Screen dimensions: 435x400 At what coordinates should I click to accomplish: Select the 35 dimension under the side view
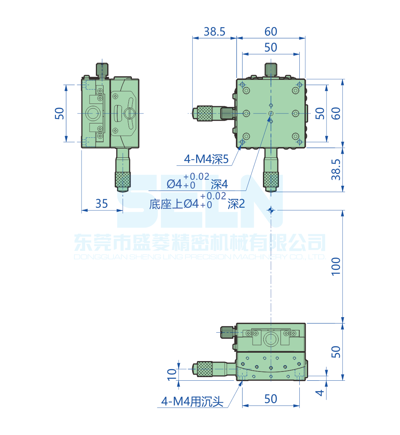[x=101, y=204]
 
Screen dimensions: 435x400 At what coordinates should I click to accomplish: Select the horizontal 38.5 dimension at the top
[x=215, y=32]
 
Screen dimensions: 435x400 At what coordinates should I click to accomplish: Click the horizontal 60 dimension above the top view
[x=271, y=32]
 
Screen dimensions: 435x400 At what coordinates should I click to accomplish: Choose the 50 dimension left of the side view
[x=59, y=113]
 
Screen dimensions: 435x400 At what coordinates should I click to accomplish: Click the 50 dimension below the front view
[x=271, y=399]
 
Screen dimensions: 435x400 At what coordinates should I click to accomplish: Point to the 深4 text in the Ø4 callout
[x=219, y=184]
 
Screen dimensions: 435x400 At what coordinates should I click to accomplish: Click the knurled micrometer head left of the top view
[x=204, y=113]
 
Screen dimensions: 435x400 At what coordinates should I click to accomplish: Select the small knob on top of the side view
[x=101, y=69]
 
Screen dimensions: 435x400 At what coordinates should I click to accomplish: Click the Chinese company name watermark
[x=200, y=242]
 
